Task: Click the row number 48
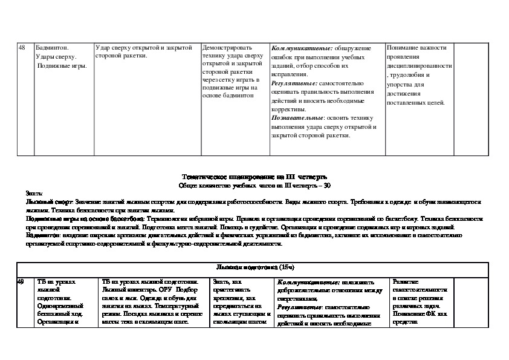click(x=22, y=47)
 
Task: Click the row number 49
click(x=21, y=282)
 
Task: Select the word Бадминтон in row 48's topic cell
click(x=53, y=47)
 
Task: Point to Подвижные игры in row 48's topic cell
click(x=62, y=65)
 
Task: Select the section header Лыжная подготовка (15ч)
click(x=254, y=267)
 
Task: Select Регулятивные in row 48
click(x=293, y=83)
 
